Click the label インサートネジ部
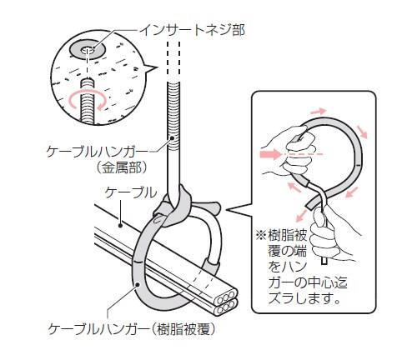pyautogui.click(x=192, y=31)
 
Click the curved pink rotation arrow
pyautogui.click(x=88, y=100)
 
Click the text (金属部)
pyautogui.click(x=121, y=167)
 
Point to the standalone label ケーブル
pyautogui.click(x=131, y=192)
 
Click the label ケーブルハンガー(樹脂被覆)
pyautogui.click(x=132, y=329)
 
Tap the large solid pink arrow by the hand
pyautogui.click(x=270, y=153)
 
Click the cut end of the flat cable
pyautogui.click(x=226, y=302)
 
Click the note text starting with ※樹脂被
pyautogui.click(x=302, y=267)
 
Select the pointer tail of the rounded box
pyautogui.click(x=239, y=210)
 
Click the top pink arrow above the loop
pyautogui.click(x=319, y=112)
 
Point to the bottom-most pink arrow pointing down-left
pyautogui.click(x=301, y=216)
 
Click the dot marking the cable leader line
pyautogui.click(x=120, y=225)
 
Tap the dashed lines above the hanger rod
pyautogui.click(x=173, y=61)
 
